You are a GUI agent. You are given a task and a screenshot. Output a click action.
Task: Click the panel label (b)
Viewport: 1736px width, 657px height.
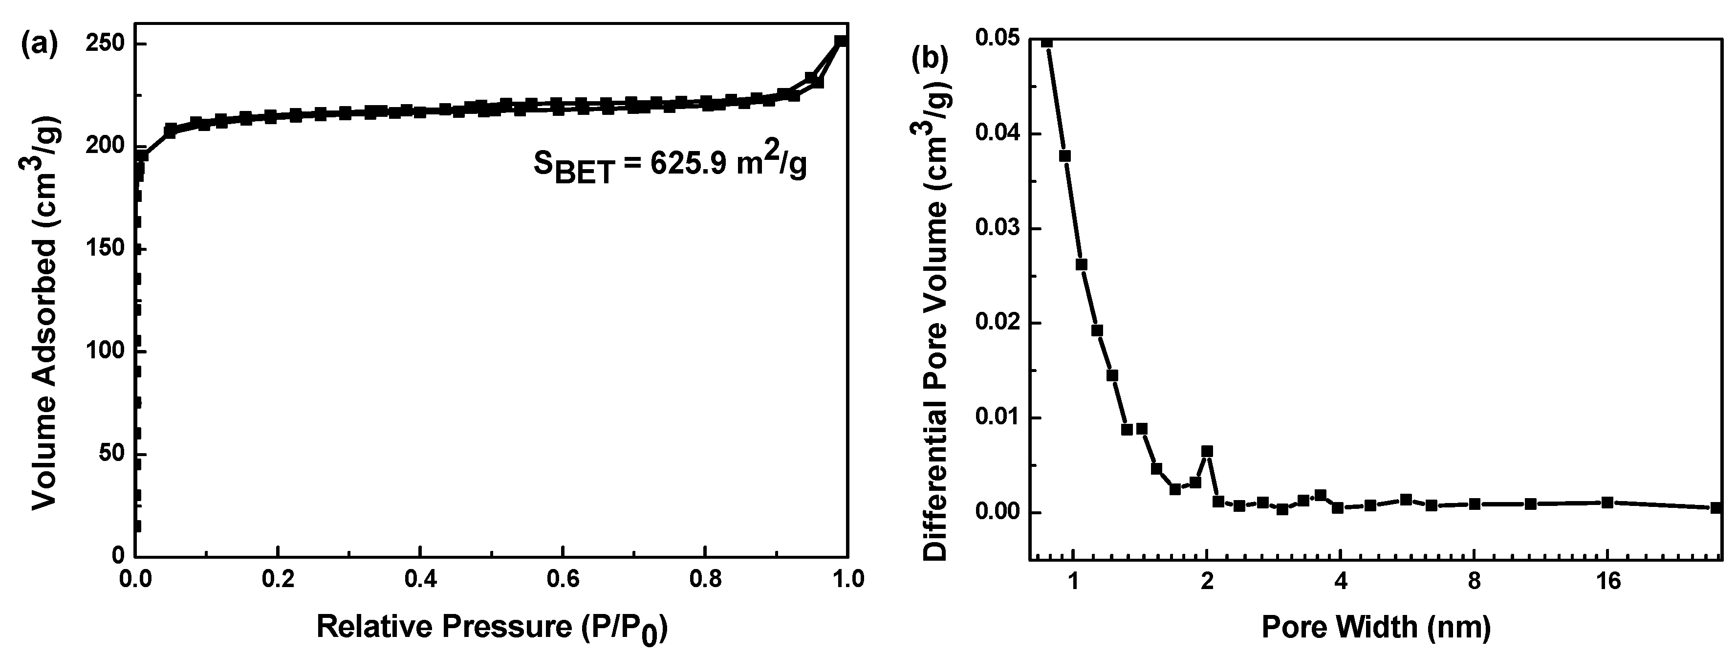(929, 59)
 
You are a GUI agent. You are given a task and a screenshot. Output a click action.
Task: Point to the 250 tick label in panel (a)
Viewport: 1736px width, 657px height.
(107, 44)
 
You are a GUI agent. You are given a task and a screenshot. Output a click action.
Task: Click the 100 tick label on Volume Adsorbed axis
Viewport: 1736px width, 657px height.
(107, 351)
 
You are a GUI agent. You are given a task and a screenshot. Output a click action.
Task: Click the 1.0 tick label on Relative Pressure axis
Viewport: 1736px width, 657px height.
(847, 579)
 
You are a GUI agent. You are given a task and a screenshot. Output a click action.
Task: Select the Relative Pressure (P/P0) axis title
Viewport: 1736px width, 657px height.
(492, 629)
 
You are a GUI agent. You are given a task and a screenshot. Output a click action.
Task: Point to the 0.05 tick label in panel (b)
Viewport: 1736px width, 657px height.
(997, 39)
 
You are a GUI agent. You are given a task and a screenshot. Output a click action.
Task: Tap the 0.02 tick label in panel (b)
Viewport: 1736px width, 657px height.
(997, 324)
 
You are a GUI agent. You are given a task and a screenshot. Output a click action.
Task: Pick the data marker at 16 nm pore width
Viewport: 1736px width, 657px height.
(1608, 502)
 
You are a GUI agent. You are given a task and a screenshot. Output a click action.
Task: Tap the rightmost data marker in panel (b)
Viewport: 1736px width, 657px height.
(1716, 507)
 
